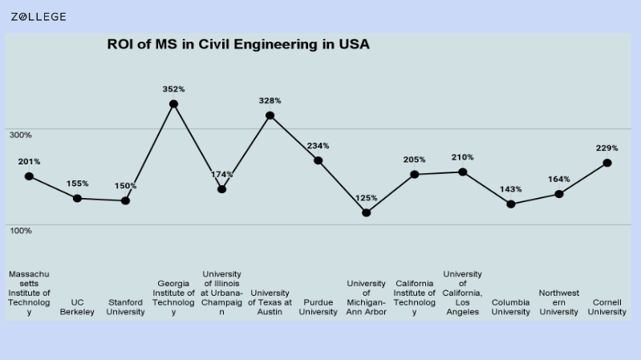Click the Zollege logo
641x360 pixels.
pyautogui.click(x=39, y=17)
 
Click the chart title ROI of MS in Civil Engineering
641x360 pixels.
pyautogui.click(x=238, y=45)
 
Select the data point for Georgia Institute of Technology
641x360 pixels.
pyautogui.click(x=173, y=104)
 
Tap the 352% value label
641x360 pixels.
pyautogui.click(x=173, y=89)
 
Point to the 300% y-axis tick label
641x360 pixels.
pyautogui.click(x=21, y=135)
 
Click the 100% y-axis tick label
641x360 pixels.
pyautogui.click(x=21, y=231)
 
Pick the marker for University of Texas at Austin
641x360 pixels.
pyautogui.click(x=270, y=115)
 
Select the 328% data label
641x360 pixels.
pyautogui.click(x=270, y=100)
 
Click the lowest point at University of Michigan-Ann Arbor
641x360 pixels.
pyautogui.click(x=366, y=212)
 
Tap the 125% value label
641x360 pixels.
pyautogui.click(x=366, y=198)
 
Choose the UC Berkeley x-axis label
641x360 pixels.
pyautogui.click(x=77, y=307)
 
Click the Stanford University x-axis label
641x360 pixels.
pyautogui.click(x=125, y=307)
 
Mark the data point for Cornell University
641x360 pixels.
pyautogui.click(x=607, y=163)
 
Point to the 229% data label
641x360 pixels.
pyautogui.click(x=607, y=148)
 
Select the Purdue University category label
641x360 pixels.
pyautogui.click(x=318, y=307)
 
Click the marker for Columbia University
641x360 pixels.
pyautogui.click(x=511, y=204)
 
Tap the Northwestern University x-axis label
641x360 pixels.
pyautogui.click(x=559, y=302)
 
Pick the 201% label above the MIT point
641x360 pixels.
pyautogui.click(x=29, y=161)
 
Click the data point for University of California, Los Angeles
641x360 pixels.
pyautogui.click(x=463, y=172)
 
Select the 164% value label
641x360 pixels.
pyautogui.click(x=559, y=180)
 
